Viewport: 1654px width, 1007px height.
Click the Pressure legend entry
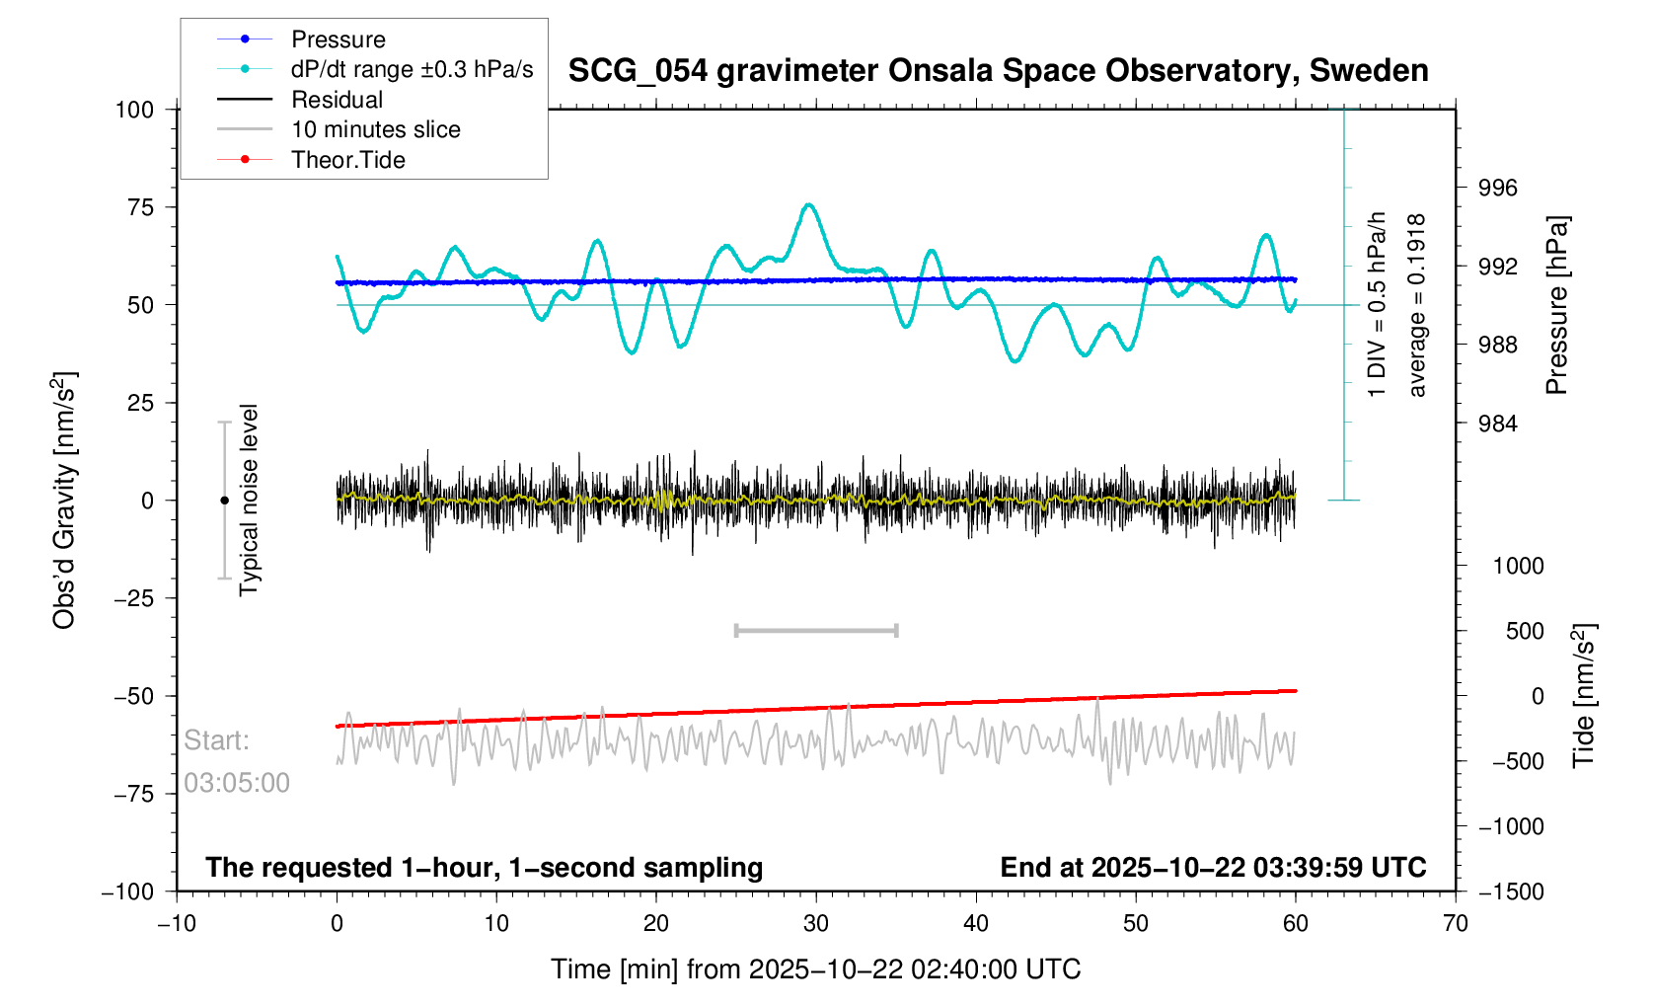tap(338, 39)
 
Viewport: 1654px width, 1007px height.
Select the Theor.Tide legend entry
tap(347, 160)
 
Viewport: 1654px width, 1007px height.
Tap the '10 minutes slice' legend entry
tap(375, 129)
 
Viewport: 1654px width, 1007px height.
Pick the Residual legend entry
tap(337, 100)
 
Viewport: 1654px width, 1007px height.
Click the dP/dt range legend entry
tap(412, 69)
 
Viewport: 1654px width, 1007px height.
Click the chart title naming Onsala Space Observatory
tap(998, 71)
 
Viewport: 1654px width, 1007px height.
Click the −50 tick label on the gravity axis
tap(134, 696)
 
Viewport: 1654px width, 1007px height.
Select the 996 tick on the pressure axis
tap(1497, 189)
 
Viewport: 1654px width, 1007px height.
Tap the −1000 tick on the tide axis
tap(1510, 826)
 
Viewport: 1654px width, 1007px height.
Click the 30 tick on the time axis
tap(816, 924)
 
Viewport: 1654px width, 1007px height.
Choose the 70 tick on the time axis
tap(1455, 924)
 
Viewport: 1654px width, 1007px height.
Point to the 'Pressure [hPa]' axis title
tap(1556, 305)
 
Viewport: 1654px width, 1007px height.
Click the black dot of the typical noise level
tap(224, 501)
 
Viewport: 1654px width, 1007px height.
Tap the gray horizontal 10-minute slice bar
tap(816, 630)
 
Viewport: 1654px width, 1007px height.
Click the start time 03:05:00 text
tap(237, 783)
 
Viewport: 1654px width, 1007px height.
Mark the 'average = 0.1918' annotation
tap(1417, 305)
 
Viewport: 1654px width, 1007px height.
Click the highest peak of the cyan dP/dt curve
tap(809, 204)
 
